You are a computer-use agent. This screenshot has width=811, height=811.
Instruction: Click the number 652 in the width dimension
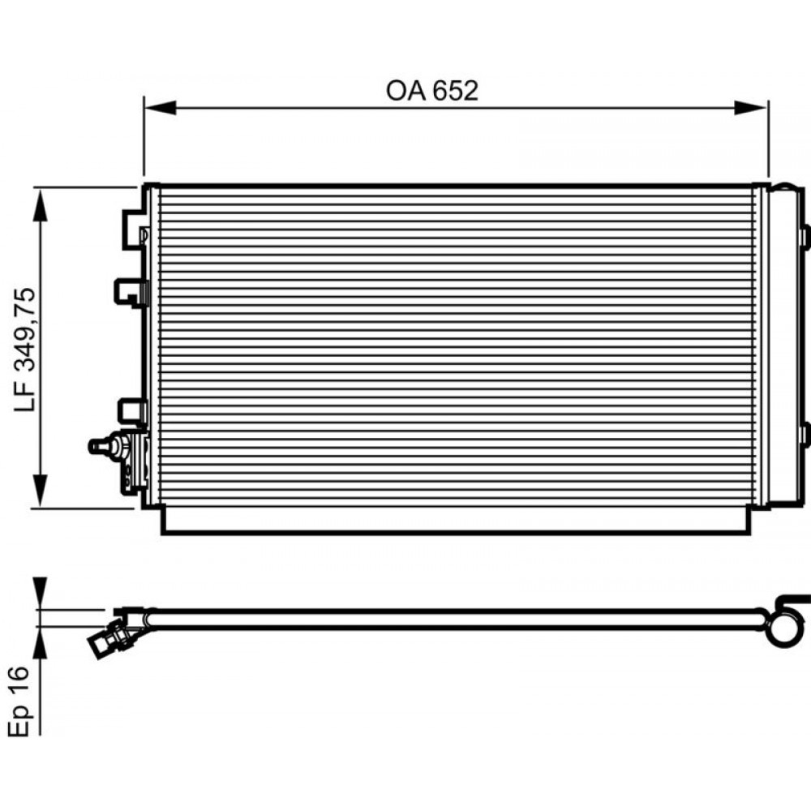(x=454, y=92)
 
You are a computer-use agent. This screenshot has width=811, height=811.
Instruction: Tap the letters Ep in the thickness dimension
(x=19, y=719)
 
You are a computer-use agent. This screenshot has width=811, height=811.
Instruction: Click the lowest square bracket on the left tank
(x=131, y=410)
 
